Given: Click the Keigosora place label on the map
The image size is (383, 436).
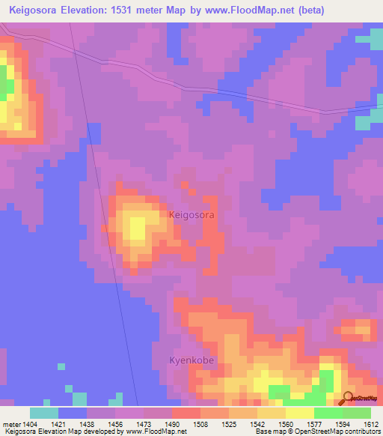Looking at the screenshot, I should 192,214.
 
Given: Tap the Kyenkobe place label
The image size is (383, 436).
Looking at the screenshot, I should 191,360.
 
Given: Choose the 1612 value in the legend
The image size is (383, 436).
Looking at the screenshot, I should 370,424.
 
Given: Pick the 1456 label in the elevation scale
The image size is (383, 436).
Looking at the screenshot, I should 111,424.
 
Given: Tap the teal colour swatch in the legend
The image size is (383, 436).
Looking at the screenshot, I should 44,413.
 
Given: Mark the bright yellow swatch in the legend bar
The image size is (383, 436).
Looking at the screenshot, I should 299,413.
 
